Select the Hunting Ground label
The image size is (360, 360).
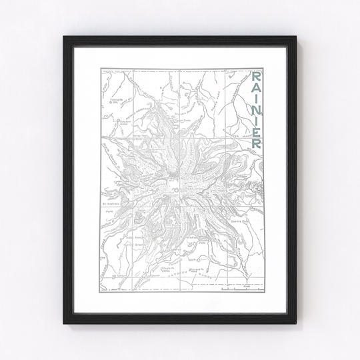click(141, 237)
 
